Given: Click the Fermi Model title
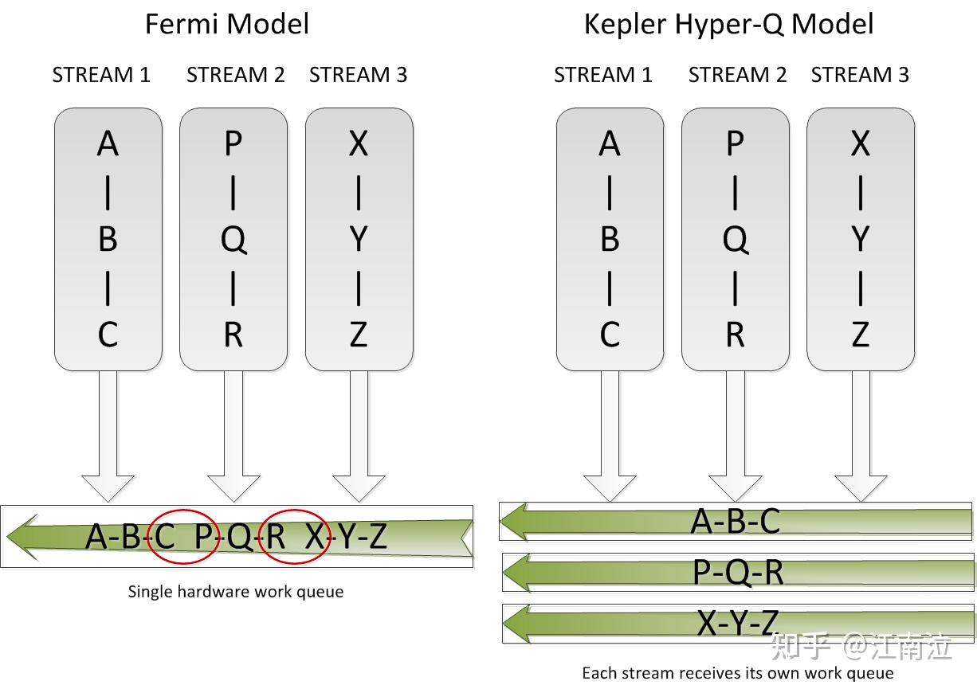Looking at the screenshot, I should coord(226,24).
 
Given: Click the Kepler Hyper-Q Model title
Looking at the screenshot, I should coord(728,24).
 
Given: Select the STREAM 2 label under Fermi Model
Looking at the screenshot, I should coord(235,75).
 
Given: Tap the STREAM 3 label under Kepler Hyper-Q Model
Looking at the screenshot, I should coord(860,75).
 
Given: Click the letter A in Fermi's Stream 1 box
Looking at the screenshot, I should coord(108,144).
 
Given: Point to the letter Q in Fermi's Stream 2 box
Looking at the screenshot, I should coord(233,240).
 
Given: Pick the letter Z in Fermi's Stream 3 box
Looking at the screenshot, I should coord(359,335).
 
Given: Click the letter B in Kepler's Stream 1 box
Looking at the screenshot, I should coord(610,240).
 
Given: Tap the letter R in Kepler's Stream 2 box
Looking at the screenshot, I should coord(735,335).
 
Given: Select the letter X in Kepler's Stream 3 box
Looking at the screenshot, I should coord(860,144).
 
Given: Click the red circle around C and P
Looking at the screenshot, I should coord(184,535).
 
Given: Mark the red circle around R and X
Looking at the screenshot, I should coord(295,535).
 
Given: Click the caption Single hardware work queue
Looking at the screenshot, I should coord(236,592).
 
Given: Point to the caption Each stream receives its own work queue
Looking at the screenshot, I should coord(737,673).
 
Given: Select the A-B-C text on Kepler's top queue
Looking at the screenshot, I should coord(735,521).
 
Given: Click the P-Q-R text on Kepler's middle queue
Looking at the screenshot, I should coord(737,571).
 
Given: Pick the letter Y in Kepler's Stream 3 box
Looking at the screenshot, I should coord(860,240).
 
